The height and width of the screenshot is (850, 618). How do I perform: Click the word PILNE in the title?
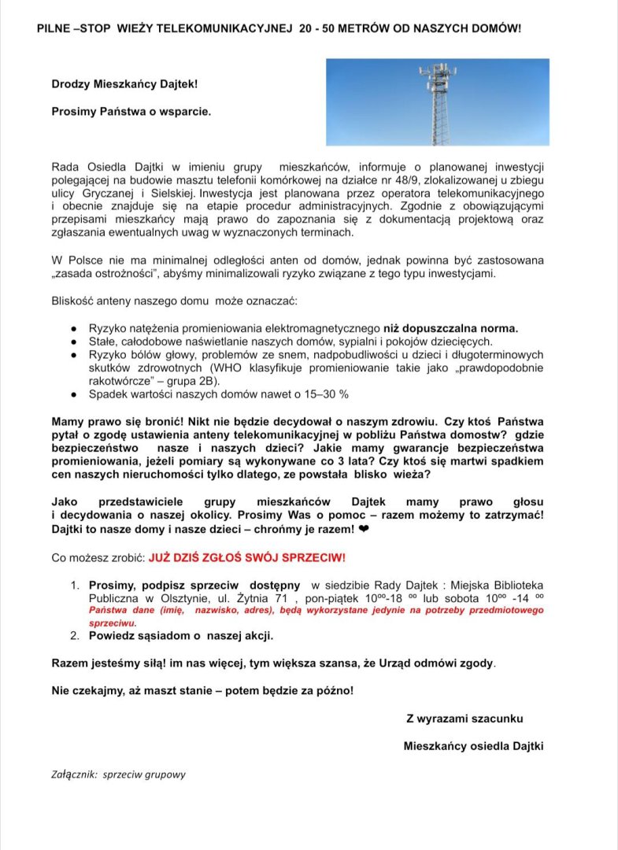pos(54,28)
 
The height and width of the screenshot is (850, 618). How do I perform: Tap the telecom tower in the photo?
pos(435,102)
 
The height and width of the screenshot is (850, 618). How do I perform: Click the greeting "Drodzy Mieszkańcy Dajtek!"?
pos(124,83)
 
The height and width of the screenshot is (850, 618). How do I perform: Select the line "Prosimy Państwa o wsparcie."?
pos(131,112)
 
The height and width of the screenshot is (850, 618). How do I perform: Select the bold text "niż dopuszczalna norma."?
pos(450,328)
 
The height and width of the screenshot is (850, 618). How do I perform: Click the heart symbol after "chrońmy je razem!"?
pos(364,530)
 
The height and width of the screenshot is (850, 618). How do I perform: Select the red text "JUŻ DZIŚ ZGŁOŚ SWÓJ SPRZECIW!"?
pos(247,557)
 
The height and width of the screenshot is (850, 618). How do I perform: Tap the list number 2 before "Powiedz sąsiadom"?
pos(75,635)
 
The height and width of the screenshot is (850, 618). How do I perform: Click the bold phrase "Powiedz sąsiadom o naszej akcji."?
pos(181,635)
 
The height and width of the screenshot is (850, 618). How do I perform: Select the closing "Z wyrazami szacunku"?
pos(464,719)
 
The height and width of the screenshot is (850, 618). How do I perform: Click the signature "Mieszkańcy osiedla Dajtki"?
pos(473,746)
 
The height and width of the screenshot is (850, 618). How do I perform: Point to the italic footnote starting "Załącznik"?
pos(119,774)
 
